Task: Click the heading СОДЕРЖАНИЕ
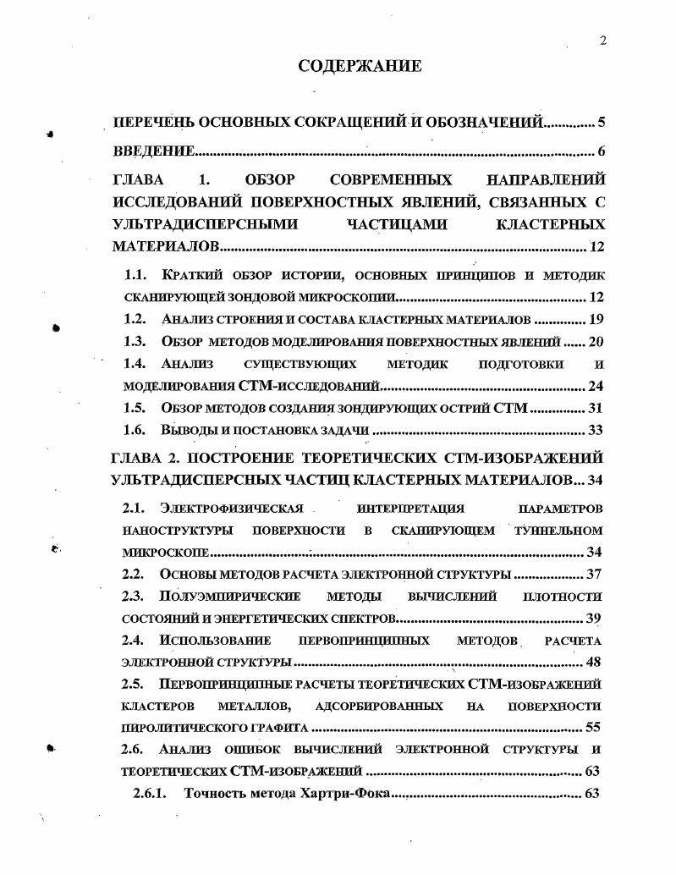point(360,65)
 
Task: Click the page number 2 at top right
point(602,40)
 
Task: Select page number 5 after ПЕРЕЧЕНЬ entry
point(601,122)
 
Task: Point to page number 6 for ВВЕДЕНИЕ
point(601,151)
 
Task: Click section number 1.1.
point(135,276)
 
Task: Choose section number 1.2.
point(135,320)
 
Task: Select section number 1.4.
point(135,364)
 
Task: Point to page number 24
point(594,386)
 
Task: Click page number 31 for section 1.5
point(594,408)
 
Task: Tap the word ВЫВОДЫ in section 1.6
point(190,430)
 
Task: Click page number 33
point(594,430)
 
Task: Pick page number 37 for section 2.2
point(594,575)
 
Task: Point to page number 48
point(594,662)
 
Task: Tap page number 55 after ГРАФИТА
point(594,727)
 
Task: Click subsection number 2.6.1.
point(152,794)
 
